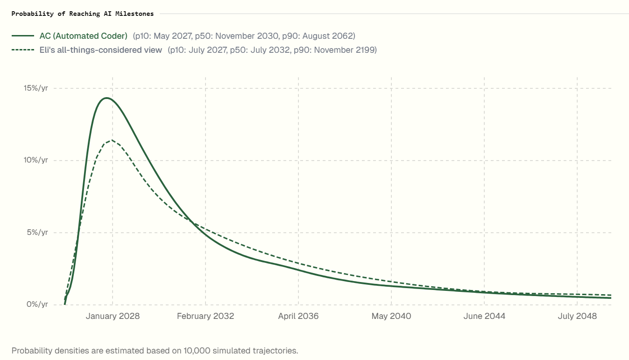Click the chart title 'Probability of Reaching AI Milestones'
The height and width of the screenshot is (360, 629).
(x=83, y=14)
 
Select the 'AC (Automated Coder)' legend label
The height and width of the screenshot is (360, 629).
(x=84, y=36)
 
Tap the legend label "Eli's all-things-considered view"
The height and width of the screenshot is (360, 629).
(x=101, y=50)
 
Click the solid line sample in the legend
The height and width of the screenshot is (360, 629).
(x=23, y=36)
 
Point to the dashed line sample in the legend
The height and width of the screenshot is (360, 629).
(x=23, y=50)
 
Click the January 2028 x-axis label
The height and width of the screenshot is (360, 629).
(x=113, y=316)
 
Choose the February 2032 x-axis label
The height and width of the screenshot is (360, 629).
(x=205, y=316)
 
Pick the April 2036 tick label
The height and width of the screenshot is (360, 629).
(x=298, y=316)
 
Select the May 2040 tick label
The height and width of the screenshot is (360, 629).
(x=391, y=316)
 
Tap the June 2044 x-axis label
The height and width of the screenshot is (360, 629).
(x=484, y=316)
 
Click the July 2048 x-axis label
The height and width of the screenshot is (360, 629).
(x=577, y=316)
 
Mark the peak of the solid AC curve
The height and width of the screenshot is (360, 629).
(x=106, y=98)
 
